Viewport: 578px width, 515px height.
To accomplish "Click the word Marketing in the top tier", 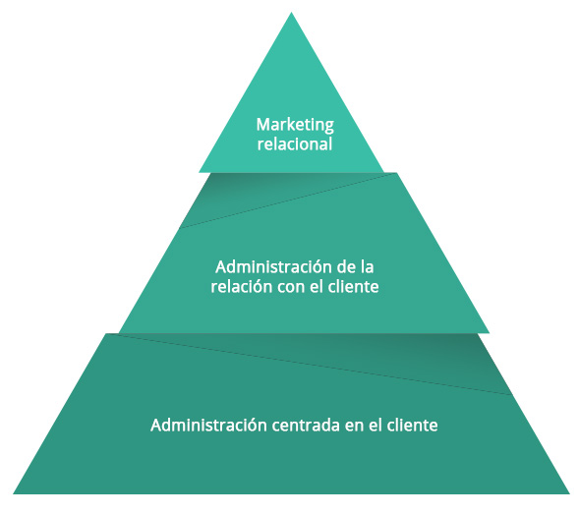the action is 295,126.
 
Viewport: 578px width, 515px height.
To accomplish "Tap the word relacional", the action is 295,143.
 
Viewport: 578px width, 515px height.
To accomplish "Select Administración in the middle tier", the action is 268,267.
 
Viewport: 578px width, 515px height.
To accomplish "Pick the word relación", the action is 241,286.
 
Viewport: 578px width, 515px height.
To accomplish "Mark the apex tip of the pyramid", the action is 291,12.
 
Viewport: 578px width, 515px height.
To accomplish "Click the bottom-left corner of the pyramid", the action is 14,493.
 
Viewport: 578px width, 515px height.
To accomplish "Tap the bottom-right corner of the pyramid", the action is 569,493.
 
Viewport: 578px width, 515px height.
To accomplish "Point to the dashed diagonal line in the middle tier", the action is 288,200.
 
